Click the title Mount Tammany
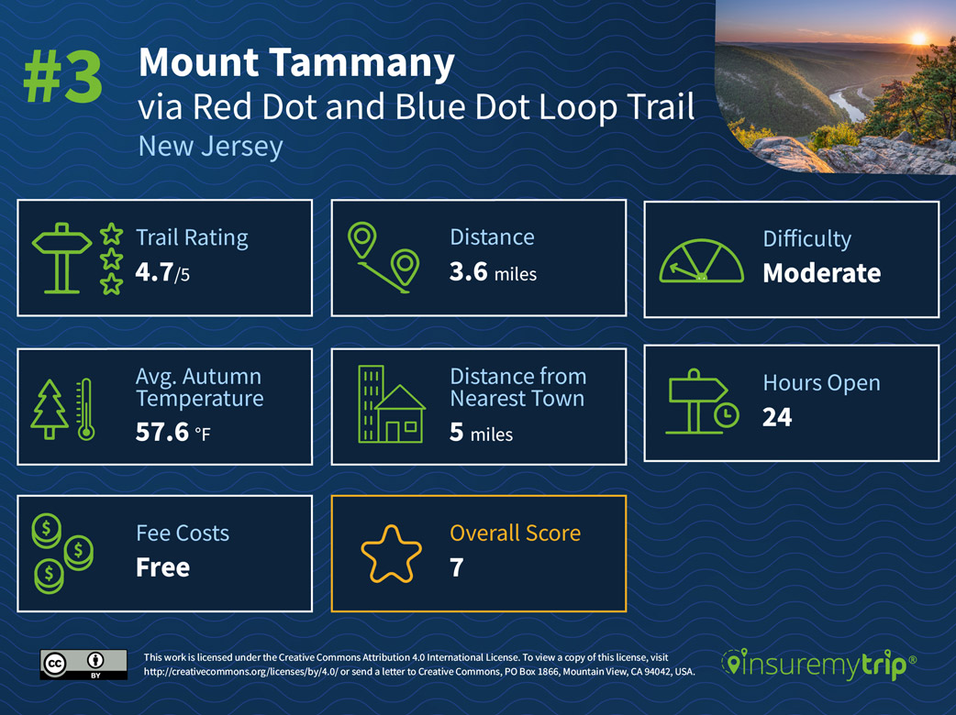pos(296,63)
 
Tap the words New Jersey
pos(210,146)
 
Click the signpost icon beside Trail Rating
pos(62,259)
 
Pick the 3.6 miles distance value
pos(493,272)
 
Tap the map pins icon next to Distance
pos(384,258)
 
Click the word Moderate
pos(821,273)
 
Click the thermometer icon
pos(86,409)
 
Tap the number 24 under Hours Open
pos(776,417)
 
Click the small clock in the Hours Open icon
pos(725,415)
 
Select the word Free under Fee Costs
pos(162,566)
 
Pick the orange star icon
pos(391,554)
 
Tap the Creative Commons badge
pos(83,664)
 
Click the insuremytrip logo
pos(818,665)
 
